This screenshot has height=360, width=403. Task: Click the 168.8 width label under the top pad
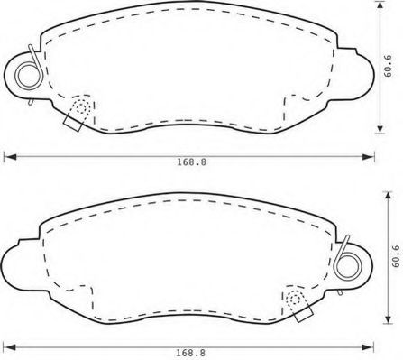(x=191, y=162)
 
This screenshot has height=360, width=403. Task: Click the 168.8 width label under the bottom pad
(x=191, y=353)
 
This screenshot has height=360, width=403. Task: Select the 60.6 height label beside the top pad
(x=388, y=66)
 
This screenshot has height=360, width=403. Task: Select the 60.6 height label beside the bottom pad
(x=396, y=256)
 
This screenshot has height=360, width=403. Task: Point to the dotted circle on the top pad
(x=81, y=106)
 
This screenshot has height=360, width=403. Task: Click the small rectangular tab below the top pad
(x=72, y=124)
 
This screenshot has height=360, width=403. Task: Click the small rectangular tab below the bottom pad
(x=304, y=315)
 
